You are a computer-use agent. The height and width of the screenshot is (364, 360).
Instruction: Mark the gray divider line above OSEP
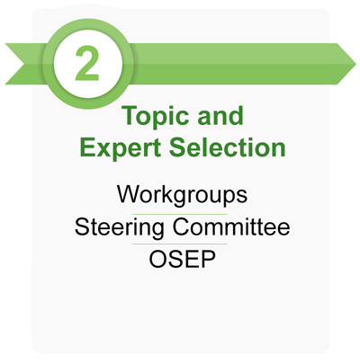(180, 244)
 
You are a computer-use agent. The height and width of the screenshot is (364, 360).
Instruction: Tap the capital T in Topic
(127, 118)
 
